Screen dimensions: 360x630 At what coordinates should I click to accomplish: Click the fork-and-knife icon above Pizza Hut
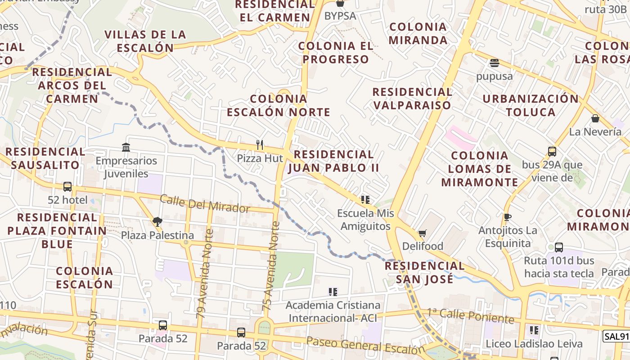coord(260,145)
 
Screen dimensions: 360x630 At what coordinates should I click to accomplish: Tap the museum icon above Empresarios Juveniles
coord(126,147)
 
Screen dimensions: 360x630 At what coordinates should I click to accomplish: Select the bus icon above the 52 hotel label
coord(67,186)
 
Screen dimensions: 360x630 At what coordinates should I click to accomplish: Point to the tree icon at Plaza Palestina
coord(157,221)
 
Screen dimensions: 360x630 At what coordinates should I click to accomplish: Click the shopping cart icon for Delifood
coord(422,233)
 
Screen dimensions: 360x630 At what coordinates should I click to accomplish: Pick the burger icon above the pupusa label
coord(494,63)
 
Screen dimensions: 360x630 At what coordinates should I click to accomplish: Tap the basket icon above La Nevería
coord(595,118)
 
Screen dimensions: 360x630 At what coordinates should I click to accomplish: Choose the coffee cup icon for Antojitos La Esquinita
coord(507,217)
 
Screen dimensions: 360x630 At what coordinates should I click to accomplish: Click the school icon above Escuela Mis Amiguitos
coord(365,199)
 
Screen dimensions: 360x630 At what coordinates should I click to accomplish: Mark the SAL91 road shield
coord(616,336)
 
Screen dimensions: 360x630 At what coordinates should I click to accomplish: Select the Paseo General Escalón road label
coord(365,346)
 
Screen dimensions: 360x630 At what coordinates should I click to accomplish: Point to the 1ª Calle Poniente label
coord(470,315)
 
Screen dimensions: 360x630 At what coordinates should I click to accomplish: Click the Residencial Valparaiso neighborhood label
coord(412,99)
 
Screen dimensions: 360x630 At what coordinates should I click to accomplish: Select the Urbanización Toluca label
coord(531,105)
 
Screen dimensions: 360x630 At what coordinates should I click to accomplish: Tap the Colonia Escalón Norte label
coord(278,105)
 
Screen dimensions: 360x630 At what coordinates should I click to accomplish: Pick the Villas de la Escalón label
coord(145,41)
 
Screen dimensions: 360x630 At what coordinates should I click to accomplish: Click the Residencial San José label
coord(425,272)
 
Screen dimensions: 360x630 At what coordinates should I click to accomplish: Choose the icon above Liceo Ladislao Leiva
coord(534,330)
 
